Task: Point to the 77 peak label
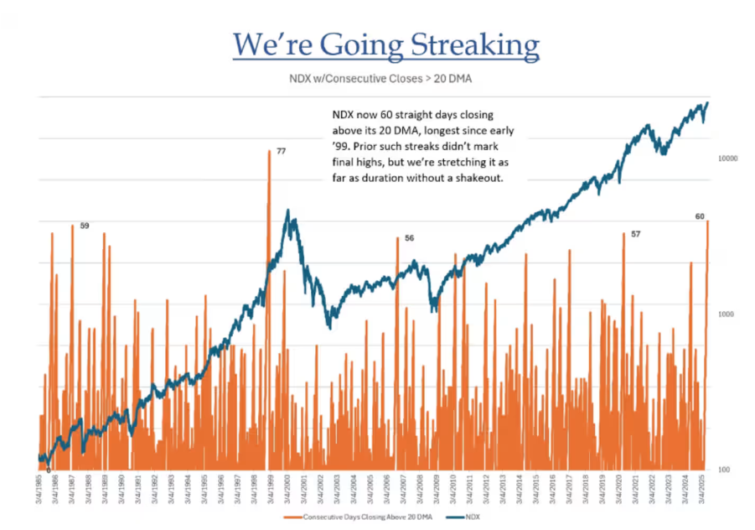tap(282, 151)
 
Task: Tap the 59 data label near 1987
tap(85, 226)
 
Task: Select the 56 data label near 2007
tap(409, 238)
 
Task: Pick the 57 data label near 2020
tap(636, 234)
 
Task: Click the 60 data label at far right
tap(700, 216)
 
